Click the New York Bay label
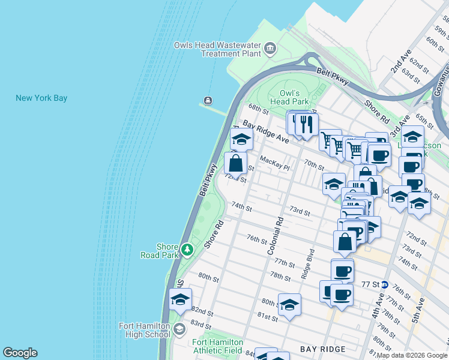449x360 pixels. coord(41,98)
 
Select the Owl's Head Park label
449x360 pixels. coord(294,97)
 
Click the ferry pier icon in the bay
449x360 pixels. coord(208,100)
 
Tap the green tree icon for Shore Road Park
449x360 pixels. coord(187,249)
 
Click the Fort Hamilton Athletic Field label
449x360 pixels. coord(217,346)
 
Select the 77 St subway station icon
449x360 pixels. coord(384,284)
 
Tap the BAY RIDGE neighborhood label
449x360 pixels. coord(323,349)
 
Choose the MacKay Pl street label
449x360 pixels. coord(275,162)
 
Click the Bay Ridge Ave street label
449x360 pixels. coord(266,132)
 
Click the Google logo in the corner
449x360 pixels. coord(20,353)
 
